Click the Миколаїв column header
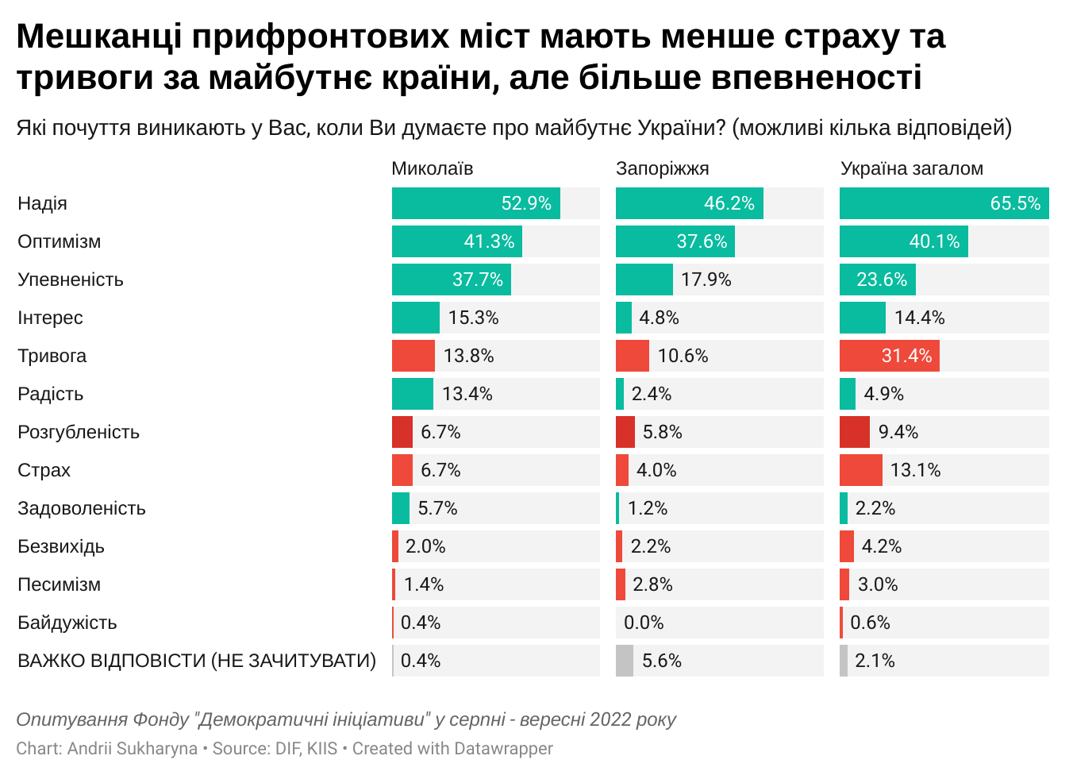[x=432, y=168]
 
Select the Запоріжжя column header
[x=662, y=168]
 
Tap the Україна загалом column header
[x=911, y=168]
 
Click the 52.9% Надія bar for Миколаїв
[x=475, y=203]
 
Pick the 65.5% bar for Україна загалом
[x=944, y=203]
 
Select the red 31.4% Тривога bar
[x=889, y=356]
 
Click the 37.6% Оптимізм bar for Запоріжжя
[x=675, y=241]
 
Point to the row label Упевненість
[x=71, y=280]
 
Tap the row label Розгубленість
[x=79, y=432]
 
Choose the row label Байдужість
[x=67, y=623]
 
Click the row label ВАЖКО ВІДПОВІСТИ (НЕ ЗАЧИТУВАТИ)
[x=197, y=661]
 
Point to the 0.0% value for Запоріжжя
[x=644, y=623]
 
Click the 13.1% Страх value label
[x=915, y=470]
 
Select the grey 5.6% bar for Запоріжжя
[x=625, y=661]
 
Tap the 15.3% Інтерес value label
[x=473, y=318]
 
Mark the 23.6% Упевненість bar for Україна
[x=877, y=280]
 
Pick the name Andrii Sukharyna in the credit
[x=133, y=748]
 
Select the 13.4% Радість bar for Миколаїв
[x=412, y=394]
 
